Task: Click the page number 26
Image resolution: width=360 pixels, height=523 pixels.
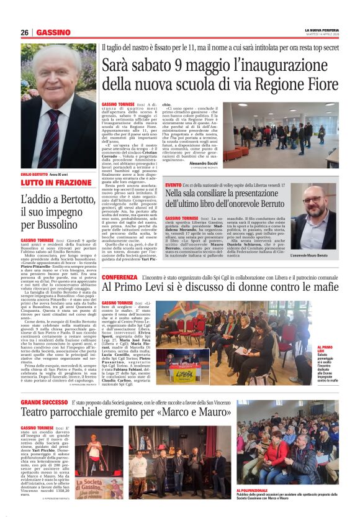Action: click(25, 32)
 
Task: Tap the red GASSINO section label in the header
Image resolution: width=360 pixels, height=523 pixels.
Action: click(53, 32)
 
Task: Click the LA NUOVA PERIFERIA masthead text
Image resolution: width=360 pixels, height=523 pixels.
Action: click(322, 30)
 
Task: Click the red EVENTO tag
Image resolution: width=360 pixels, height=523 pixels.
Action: click(173, 184)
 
